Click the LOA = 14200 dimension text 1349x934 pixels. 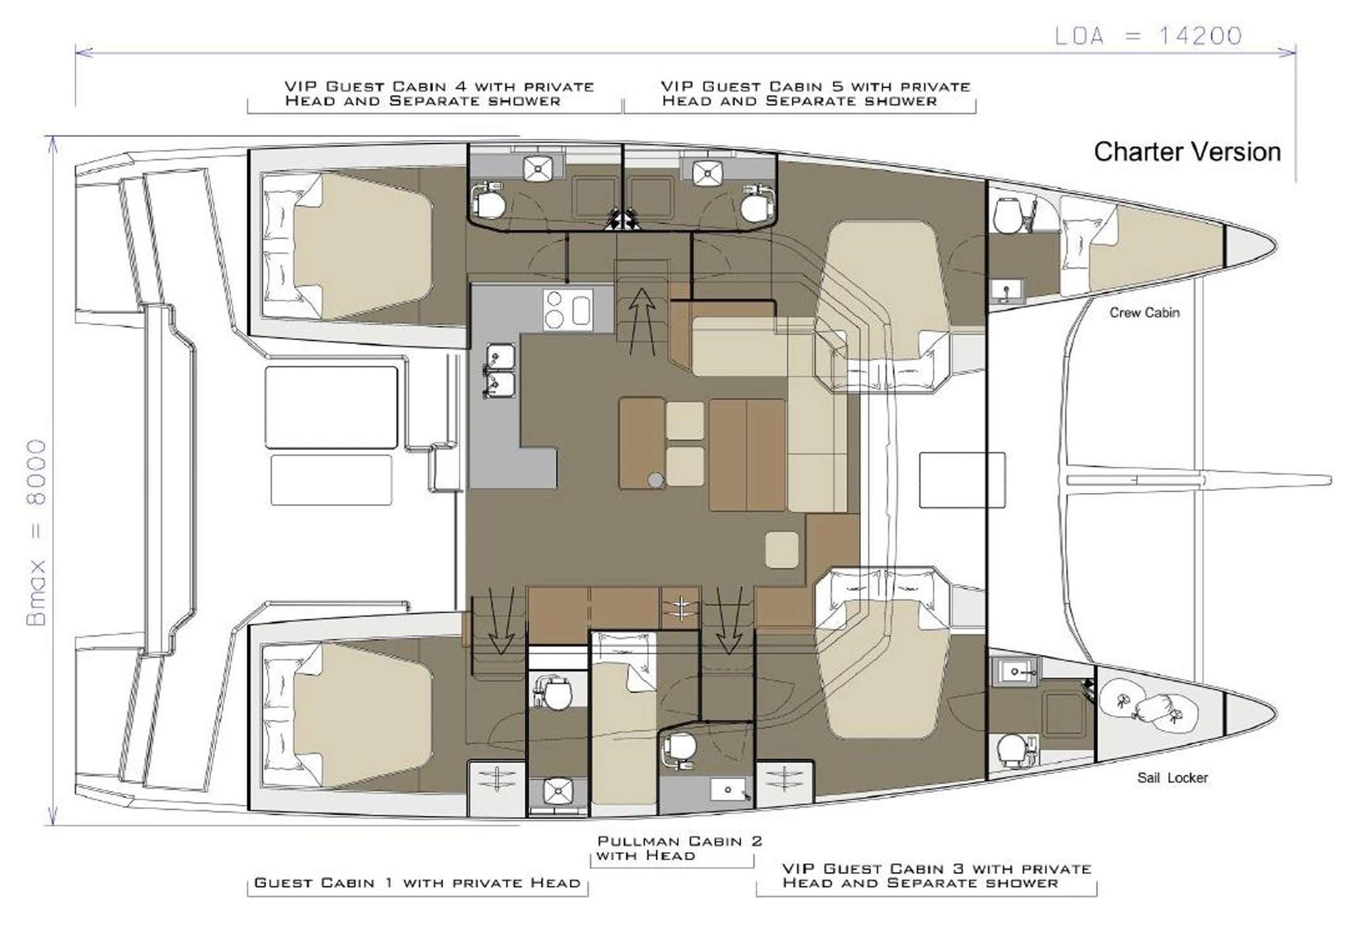[x=1148, y=36]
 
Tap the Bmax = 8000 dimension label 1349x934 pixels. [x=37, y=532]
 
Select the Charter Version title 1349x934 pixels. [x=1187, y=152]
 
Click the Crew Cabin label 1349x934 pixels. [x=1144, y=313]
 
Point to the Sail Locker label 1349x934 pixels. [x=1172, y=778]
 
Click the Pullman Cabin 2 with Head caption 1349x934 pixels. [x=679, y=848]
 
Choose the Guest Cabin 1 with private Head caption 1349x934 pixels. [x=417, y=883]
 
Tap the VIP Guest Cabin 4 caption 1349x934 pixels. [x=438, y=94]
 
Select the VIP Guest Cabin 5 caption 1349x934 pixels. [x=815, y=94]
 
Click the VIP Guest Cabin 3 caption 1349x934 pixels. [x=936, y=875]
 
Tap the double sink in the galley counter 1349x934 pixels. [x=500, y=370]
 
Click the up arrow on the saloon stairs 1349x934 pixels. [x=642, y=321]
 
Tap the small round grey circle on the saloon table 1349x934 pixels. [x=655, y=479]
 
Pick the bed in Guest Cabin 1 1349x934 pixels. [x=361, y=715]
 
